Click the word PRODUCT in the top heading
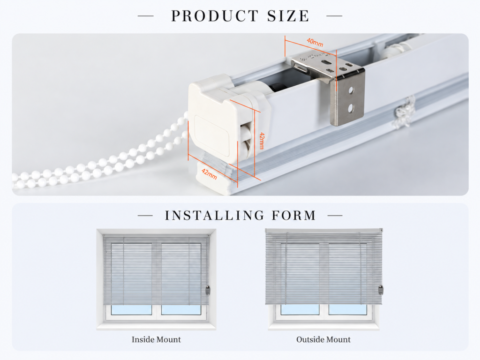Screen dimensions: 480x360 [x=215, y=16]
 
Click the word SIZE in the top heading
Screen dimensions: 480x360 [x=288, y=16]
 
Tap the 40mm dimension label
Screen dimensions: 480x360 [x=315, y=42]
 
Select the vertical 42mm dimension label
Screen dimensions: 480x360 [x=262, y=141]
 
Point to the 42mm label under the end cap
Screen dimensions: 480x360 [x=210, y=174]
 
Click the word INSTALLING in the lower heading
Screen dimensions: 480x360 [x=214, y=216]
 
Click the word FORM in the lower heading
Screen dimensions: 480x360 [x=294, y=216]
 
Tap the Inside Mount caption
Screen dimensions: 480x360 [x=156, y=339]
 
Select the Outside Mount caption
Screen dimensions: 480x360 [x=323, y=339]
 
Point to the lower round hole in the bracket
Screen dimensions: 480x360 [x=351, y=107]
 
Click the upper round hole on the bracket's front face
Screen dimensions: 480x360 [x=351, y=90]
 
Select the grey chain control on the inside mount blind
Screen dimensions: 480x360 [x=208, y=290]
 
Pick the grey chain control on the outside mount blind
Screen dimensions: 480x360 [x=381, y=290]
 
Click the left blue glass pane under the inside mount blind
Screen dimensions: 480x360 [x=131, y=310]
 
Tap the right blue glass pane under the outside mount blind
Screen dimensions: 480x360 [x=348, y=309]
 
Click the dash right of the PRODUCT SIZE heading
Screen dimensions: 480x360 [x=335, y=15]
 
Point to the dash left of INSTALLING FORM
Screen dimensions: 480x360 [x=145, y=216]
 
